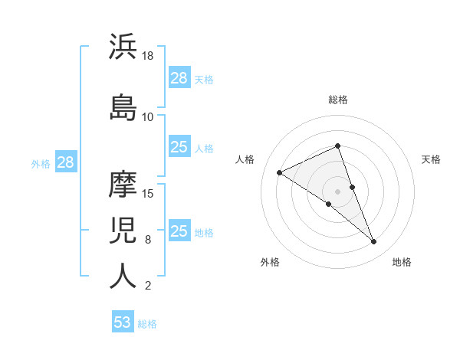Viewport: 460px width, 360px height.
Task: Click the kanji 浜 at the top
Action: (x=123, y=47)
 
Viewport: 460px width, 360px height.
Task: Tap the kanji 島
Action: (x=123, y=107)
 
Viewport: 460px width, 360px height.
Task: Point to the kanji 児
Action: (x=123, y=230)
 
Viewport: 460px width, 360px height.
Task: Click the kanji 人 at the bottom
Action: (x=123, y=276)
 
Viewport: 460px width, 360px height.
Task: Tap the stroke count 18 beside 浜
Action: (x=149, y=56)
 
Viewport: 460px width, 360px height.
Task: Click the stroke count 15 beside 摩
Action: (x=149, y=194)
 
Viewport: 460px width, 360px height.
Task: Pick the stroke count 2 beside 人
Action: (x=147, y=286)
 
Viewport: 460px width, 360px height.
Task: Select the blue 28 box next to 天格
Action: (x=179, y=78)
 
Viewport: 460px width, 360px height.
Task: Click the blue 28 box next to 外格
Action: (x=65, y=162)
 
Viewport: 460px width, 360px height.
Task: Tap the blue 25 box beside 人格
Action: (x=179, y=147)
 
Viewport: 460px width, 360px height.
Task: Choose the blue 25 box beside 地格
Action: (x=179, y=231)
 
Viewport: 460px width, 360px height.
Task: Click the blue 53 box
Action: (x=123, y=322)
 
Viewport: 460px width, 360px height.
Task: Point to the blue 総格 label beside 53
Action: (x=147, y=324)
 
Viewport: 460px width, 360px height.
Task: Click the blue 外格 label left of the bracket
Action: (x=41, y=163)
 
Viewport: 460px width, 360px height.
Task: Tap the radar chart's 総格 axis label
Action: (x=337, y=100)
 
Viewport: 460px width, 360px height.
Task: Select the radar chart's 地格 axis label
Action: (x=402, y=262)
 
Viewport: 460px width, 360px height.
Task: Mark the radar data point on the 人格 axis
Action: (x=280, y=172)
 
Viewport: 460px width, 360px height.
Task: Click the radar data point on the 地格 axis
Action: (x=373, y=242)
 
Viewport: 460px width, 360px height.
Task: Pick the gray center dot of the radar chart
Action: (x=337, y=191)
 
